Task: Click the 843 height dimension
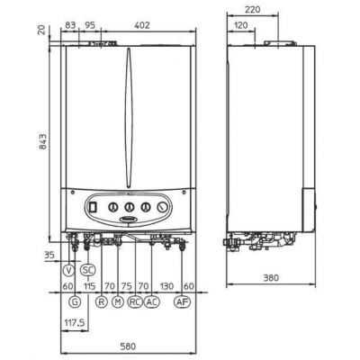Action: coord(43,141)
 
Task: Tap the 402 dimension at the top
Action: coord(142,25)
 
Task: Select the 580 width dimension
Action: coord(128,346)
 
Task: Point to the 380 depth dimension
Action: coord(271,278)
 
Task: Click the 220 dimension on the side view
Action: coord(253,10)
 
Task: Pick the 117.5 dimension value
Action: coord(75,323)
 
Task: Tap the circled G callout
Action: coord(75,301)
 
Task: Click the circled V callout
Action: coord(69,270)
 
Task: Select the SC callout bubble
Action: coord(88,270)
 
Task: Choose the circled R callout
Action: coord(102,301)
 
